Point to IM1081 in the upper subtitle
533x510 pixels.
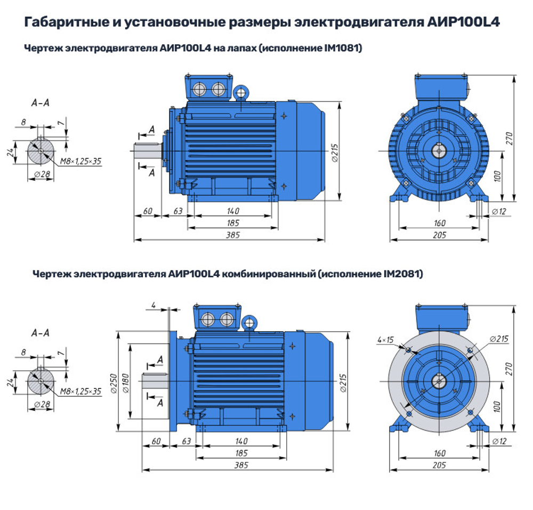tap(343, 49)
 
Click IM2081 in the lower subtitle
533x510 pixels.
tap(403, 274)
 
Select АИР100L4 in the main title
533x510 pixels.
tap(463, 23)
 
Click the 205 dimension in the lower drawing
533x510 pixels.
tap(439, 466)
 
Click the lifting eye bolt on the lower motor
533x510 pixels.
tap(249, 322)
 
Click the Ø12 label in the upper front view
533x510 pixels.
tap(498, 212)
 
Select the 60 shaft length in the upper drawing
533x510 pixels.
tap(148, 211)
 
